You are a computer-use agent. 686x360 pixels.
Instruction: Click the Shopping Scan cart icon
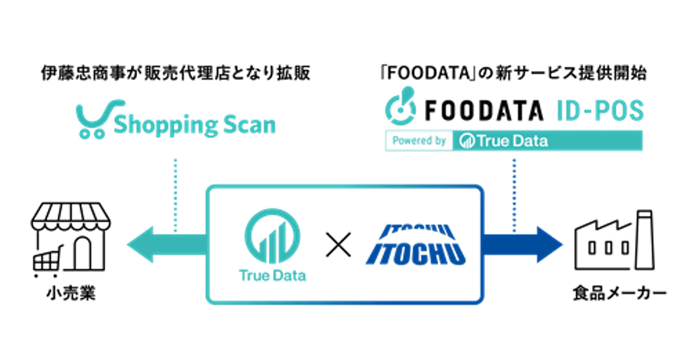pyautogui.click(x=94, y=118)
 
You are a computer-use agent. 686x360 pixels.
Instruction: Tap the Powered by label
pyautogui.click(x=420, y=141)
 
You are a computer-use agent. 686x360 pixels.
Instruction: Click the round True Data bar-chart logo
pyautogui.click(x=272, y=235)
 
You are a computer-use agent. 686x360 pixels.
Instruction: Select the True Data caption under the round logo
pyautogui.click(x=272, y=276)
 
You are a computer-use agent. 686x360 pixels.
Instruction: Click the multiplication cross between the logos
pyautogui.click(x=337, y=246)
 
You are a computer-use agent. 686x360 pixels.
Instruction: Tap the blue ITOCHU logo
pyautogui.click(x=414, y=246)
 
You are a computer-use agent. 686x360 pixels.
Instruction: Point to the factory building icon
pyautogui.click(x=612, y=243)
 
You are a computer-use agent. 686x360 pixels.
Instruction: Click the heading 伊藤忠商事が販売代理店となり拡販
pyautogui.click(x=176, y=74)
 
